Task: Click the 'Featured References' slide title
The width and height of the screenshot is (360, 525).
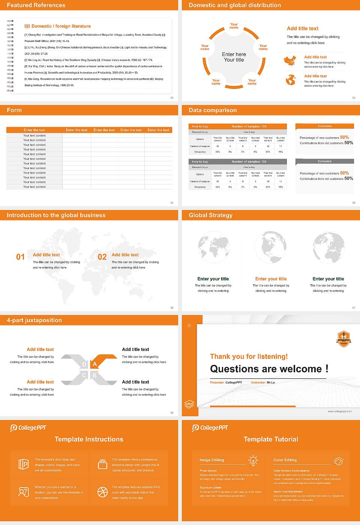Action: coord(36,5)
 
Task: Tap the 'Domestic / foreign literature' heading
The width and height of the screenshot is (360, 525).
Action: coord(61,26)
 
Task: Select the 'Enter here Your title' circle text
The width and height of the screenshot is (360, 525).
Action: coord(234,57)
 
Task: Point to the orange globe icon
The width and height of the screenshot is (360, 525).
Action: coord(291,80)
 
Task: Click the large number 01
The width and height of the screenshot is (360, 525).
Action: coord(20,257)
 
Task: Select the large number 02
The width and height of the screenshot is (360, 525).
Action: coord(102,257)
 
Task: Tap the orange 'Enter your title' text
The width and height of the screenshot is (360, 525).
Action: coord(271,279)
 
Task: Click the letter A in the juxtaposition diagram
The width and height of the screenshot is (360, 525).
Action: coord(95,364)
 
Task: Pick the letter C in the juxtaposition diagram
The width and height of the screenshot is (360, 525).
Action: coord(84,375)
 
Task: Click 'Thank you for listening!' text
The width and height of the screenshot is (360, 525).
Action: coord(249,357)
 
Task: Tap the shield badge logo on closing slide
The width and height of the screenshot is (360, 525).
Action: coord(343,339)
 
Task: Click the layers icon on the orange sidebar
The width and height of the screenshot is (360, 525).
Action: coord(189,404)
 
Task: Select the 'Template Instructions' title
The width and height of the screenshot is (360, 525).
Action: coord(89,439)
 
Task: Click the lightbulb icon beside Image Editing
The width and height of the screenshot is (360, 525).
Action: coord(253,460)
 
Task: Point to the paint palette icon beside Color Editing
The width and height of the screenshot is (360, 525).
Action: coord(339,461)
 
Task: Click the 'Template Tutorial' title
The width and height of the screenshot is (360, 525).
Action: coord(271,439)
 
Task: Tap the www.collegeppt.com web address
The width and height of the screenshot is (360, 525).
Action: coord(340,411)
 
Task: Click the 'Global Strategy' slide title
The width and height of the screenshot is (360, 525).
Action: coord(210,215)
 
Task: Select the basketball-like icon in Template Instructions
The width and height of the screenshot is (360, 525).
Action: coord(102,492)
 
